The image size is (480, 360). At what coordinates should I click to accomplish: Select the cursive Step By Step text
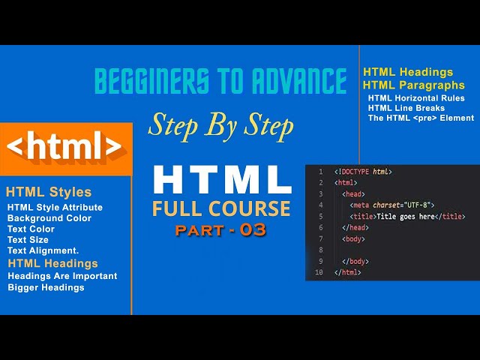pyautogui.click(x=220, y=125)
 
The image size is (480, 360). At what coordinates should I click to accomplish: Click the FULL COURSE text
pyautogui.click(x=220, y=207)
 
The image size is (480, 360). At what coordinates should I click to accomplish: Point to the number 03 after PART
pyautogui.click(x=253, y=230)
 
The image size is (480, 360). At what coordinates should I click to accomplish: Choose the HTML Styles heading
pyautogui.click(x=48, y=192)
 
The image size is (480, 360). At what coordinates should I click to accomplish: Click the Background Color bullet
pyautogui.click(x=49, y=218)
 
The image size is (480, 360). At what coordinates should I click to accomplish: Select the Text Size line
pyautogui.click(x=28, y=239)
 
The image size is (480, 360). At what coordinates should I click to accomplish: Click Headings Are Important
pyautogui.click(x=62, y=276)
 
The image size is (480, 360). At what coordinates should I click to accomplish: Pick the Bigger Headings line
pyautogui.click(x=46, y=287)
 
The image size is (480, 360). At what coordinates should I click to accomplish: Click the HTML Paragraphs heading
pyautogui.click(x=413, y=85)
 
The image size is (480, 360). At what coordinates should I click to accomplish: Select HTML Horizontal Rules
pyautogui.click(x=416, y=98)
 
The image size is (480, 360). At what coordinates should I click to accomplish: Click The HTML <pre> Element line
pyautogui.click(x=421, y=118)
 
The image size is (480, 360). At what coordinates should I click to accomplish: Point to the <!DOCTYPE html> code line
pyautogui.click(x=363, y=172)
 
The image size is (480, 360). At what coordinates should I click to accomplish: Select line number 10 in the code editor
pyautogui.click(x=319, y=272)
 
